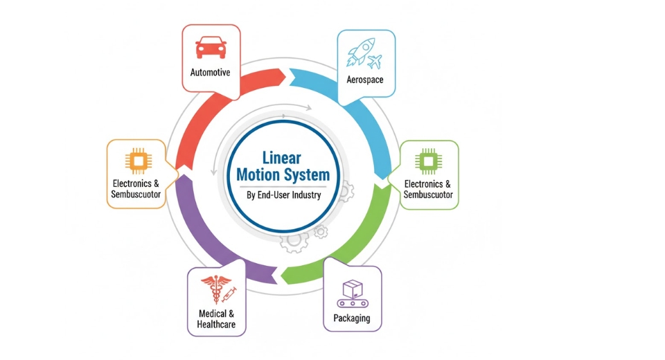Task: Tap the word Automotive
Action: coord(210,72)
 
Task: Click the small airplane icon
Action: coord(375,62)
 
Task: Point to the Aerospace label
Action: coord(365,80)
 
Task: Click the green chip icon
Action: coord(428,161)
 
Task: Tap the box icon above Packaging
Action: coord(353,288)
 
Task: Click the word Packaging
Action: coord(352,318)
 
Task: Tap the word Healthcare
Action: coord(216,324)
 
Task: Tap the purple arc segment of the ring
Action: coord(201,235)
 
